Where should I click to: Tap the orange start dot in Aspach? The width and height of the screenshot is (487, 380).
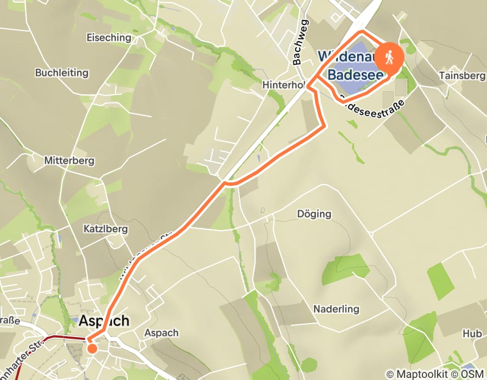tap(92, 348)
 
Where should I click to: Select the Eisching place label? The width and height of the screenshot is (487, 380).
tap(109, 37)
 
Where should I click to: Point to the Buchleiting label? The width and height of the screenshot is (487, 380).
tap(61, 72)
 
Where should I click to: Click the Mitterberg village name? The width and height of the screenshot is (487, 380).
tap(69, 161)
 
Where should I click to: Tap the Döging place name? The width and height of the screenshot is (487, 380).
tap(314, 213)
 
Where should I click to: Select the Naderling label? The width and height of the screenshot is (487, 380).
tap(336, 309)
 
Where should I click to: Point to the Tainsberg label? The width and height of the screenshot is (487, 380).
tap(462, 75)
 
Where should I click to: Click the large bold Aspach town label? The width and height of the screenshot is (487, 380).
tap(105, 321)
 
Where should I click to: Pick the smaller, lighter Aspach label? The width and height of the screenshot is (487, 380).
tap(162, 333)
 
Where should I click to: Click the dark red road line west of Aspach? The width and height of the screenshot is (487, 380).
tap(60, 338)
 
